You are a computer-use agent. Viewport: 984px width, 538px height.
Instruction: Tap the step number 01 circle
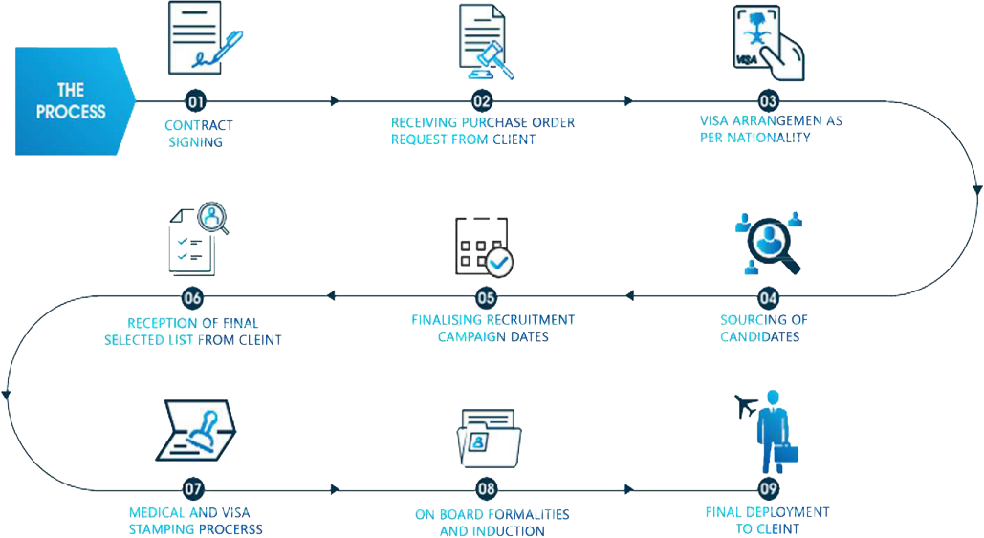pyautogui.click(x=194, y=100)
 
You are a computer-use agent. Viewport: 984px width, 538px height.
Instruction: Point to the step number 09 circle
pyautogui.click(x=769, y=489)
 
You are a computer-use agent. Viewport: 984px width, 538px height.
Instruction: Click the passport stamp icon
pyautogui.click(x=197, y=434)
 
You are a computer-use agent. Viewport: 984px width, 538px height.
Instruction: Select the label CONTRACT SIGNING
pyautogui.click(x=198, y=134)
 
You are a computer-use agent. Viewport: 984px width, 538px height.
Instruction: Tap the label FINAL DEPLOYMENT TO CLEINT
pyautogui.click(x=767, y=521)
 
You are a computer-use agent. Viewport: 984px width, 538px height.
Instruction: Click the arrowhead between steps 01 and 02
pyautogui.click(x=335, y=100)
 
